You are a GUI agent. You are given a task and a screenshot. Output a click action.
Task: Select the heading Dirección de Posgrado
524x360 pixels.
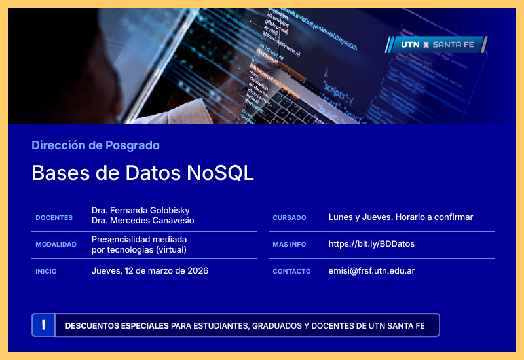tap(96, 145)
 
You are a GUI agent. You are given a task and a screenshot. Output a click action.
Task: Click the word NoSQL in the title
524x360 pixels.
tap(220, 173)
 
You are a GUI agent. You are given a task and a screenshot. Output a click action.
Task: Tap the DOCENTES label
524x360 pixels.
tap(54, 218)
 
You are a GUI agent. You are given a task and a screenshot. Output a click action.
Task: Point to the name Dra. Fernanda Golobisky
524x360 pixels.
tap(141, 210)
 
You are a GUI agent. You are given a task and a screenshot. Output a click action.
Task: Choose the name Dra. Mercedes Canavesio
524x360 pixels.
tap(143, 221)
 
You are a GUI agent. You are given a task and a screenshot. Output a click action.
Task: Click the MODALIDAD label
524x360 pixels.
tap(56, 245)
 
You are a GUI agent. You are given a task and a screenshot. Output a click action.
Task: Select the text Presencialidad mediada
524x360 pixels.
tap(140, 239)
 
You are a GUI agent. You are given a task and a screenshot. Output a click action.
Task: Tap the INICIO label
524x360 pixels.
tap(46, 272)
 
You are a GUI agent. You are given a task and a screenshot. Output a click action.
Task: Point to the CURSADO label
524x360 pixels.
tap(290, 218)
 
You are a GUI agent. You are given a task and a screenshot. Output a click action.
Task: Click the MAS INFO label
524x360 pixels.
tap(290, 245)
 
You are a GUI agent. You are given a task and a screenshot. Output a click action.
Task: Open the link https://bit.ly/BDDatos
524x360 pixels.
tap(371, 244)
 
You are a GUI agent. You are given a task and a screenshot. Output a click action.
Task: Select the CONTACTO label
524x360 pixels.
tap(291, 272)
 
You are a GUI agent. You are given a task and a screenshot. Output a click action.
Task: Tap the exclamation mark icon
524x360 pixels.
tap(43, 325)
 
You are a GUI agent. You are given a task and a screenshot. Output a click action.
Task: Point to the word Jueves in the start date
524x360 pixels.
tap(106, 271)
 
